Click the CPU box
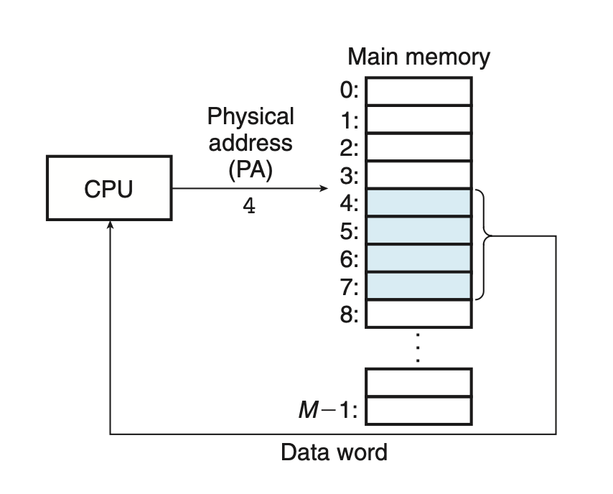pyautogui.click(x=109, y=189)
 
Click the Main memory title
pyautogui.click(x=418, y=57)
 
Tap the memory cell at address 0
pyautogui.click(x=419, y=91)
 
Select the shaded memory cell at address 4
pyautogui.click(x=419, y=202)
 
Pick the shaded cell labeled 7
pyautogui.click(x=419, y=286)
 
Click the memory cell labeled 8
pyautogui.click(x=419, y=314)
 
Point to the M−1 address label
pyautogui.click(x=327, y=411)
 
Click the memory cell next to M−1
pyautogui.click(x=419, y=411)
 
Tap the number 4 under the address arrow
pyautogui.click(x=249, y=207)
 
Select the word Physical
pyautogui.click(x=250, y=116)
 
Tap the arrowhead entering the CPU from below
pyautogui.click(x=110, y=225)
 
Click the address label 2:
pyautogui.click(x=350, y=148)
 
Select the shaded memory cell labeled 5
pyautogui.click(x=419, y=230)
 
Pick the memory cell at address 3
pyautogui.click(x=419, y=174)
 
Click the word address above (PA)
pyautogui.click(x=250, y=142)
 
